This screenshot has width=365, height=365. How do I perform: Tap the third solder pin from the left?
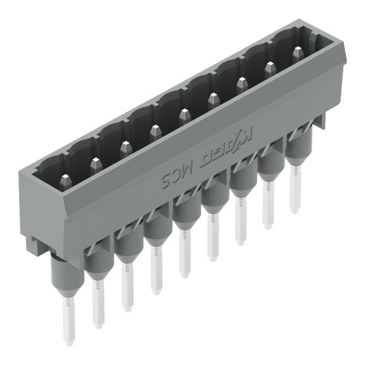[x=127, y=288]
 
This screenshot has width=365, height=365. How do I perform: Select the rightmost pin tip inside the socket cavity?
[x=297, y=53]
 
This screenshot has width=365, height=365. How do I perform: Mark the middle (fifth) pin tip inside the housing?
[x=183, y=113]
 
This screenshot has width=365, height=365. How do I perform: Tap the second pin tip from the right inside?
[x=269, y=68]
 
